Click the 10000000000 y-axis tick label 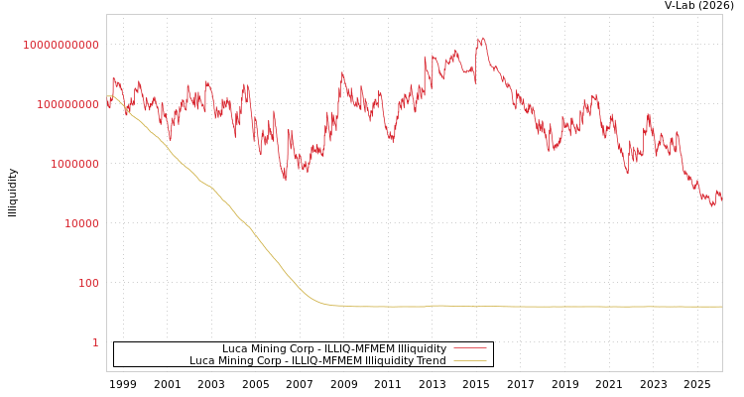point(61,45)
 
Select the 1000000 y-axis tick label point(74,164)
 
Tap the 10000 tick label point(81,223)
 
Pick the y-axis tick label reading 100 point(88,283)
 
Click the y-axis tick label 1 point(95,342)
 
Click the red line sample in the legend point(470,348)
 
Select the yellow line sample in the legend point(470,360)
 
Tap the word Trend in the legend point(431,360)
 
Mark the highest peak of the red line point(482,39)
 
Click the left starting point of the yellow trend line point(107,96)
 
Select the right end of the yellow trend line point(722,307)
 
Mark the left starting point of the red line point(107,102)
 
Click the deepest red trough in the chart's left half point(286,181)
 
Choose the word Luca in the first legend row point(235,348)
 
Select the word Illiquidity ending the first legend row point(422,348)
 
